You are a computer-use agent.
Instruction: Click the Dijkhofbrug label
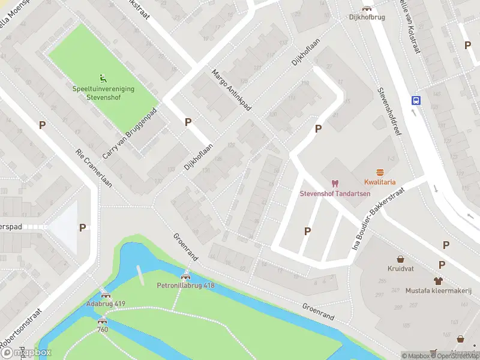tap(366, 17)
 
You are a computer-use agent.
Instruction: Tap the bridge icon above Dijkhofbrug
tap(366, 8)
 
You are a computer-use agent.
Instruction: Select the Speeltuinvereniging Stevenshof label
tap(103, 92)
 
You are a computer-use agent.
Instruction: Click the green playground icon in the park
tap(103, 77)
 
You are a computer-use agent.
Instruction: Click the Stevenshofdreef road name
tap(388, 111)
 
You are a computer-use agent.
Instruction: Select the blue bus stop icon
tap(415, 100)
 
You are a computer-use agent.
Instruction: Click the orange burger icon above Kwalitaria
tap(379, 172)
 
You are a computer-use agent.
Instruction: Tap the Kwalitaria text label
tap(379, 182)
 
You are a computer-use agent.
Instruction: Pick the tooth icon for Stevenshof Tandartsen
tap(335, 183)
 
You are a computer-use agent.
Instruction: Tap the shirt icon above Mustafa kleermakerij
tap(438, 281)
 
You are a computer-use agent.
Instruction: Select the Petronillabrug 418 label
tap(185, 286)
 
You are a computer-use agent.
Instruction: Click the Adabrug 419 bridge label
tap(106, 304)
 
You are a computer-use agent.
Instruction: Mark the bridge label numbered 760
tap(103, 329)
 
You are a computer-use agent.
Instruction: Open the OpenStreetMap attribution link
tap(454, 356)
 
